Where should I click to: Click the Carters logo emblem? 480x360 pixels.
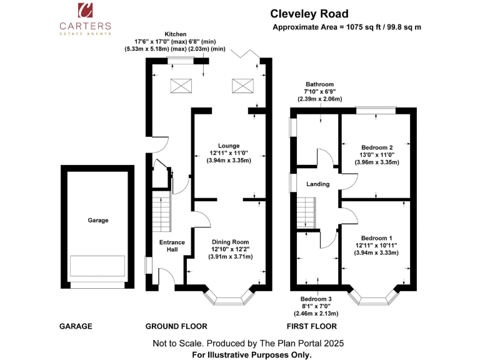tap(85, 10)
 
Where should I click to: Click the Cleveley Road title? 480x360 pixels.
tap(309, 14)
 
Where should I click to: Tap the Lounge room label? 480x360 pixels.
tap(229, 146)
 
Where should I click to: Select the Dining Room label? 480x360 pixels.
tap(230, 242)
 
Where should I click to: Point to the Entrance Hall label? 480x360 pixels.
tap(172, 246)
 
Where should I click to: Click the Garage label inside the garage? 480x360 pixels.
tap(98, 220)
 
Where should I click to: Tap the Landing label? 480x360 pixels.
tap(317, 184)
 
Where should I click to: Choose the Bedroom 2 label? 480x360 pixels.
tap(377, 147)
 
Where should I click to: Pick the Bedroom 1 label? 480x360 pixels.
tap(376, 238)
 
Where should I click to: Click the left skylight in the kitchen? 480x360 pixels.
tap(181, 86)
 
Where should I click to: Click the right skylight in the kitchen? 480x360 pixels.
tap(242, 86)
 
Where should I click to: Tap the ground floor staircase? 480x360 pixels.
tap(162, 211)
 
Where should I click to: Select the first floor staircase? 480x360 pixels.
tap(306, 212)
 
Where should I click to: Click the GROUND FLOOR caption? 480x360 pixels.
tap(176, 326)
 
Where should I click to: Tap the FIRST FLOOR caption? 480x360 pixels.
tap(312, 326)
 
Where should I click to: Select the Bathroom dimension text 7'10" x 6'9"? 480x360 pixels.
tap(319, 91)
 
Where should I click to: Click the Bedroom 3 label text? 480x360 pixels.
tap(316, 299)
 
